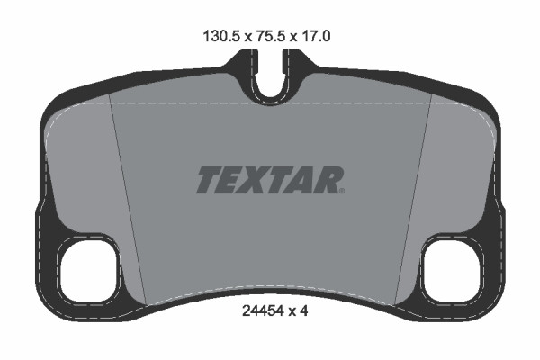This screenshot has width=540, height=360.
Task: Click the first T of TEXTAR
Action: tap(209, 180)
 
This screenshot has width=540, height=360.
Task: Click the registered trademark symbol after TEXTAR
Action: tap(341, 190)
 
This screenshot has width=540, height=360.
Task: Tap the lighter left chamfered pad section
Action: tap(85, 171)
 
